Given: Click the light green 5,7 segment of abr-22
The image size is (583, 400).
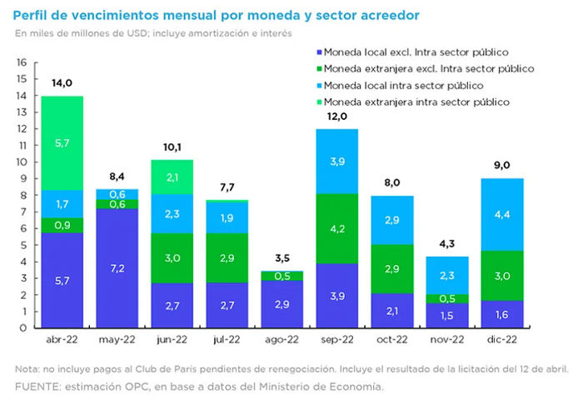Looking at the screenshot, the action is [62, 143].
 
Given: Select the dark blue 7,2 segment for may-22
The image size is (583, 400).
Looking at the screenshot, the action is [117, 268].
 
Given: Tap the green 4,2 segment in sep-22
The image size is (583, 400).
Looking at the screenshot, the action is [337, 228].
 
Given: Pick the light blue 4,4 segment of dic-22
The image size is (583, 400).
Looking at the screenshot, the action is [502, 215].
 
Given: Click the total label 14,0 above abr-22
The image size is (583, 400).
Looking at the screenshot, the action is [62, 83].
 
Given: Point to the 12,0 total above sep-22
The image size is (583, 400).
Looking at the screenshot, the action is [337, 117].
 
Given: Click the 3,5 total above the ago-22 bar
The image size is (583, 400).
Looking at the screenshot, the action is [282, 257].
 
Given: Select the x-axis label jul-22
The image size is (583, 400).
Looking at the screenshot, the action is [227, 339].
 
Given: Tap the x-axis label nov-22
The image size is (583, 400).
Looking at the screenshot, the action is [447, 339].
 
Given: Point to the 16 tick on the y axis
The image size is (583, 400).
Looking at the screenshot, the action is [22, 62].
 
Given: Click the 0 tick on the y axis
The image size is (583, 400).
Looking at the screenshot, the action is [23, 327].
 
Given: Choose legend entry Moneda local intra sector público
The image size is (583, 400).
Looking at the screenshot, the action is [403, 86].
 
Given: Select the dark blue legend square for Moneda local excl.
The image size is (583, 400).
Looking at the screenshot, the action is [319, 52].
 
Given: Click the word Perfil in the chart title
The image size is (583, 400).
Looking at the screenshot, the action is [29, 15].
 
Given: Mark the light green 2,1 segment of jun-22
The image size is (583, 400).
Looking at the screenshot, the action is [172, 177].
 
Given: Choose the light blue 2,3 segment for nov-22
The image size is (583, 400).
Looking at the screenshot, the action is [447, 275].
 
